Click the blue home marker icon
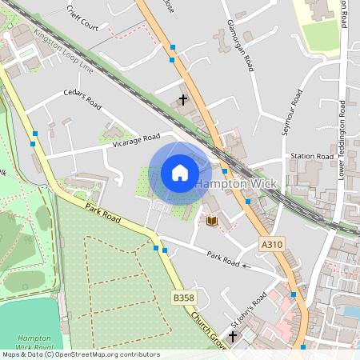point(180,173)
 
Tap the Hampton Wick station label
point(236,183)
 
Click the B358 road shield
point(183,298)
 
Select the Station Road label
point(311,156)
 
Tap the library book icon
point(211,220)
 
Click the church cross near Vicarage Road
point(184,100)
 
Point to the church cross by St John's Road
point(233,337)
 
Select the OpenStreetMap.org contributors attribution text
point(104,354)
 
